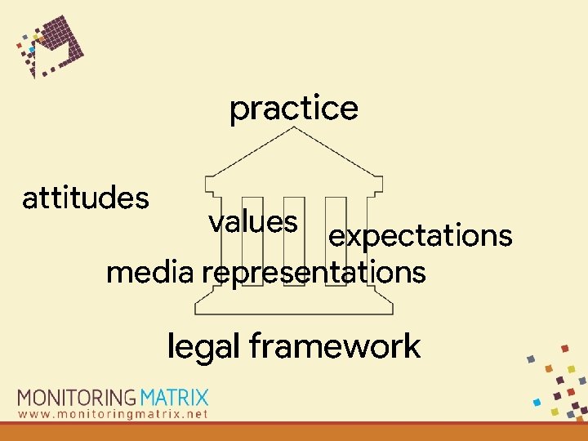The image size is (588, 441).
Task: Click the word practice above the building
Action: (x=293, y=109)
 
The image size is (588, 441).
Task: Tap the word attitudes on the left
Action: (x=86, y=198)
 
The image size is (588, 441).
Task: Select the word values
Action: (x=252, y=221)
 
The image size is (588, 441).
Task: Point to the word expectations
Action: (x=420, y=236)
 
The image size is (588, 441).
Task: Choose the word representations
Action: (x=314, y=272)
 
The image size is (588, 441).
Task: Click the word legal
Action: (x=203, y=346)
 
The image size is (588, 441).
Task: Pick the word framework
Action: (x=335, y=346)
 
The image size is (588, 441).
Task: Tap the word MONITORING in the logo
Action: (x=77, y=399)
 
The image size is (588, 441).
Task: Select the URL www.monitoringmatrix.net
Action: (x=114, y=414)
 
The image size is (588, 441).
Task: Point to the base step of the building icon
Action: (x=294, y=309)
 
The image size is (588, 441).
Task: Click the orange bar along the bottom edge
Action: (x=294, y=432)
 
